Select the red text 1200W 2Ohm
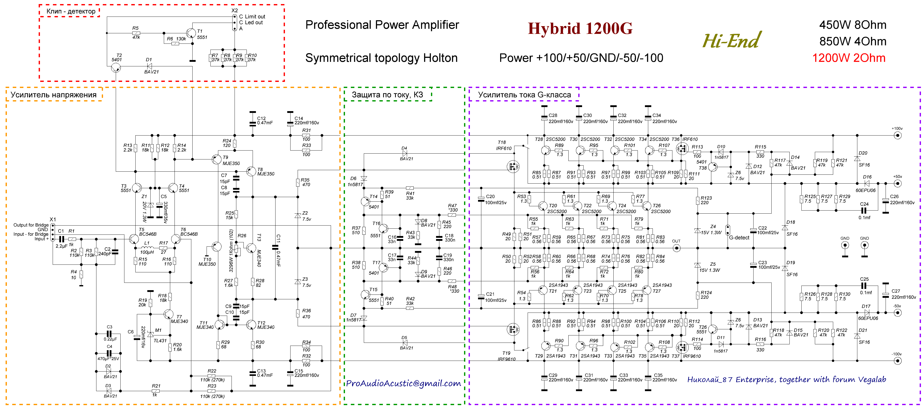(848, 58)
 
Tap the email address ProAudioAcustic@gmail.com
(403, 383)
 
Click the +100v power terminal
(898, 136)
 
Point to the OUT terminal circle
(676, 248)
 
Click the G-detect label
(739, 238)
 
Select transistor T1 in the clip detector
(191, 33)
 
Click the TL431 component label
(160, 341)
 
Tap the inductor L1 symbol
(147, 248)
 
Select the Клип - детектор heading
(71, 11)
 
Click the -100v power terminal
(898, 361)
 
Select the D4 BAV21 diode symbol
(405, 153)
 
